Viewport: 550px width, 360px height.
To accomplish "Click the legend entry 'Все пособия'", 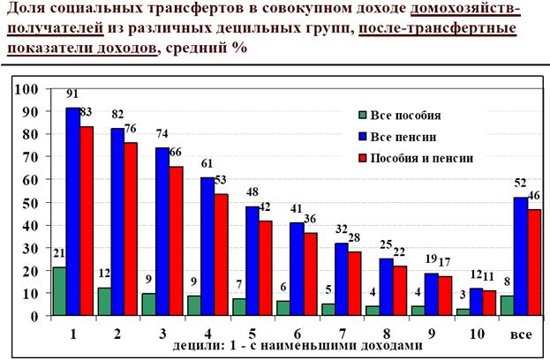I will [x=403, y=115].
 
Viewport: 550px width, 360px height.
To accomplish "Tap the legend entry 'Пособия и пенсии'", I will [x=418, y=158].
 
